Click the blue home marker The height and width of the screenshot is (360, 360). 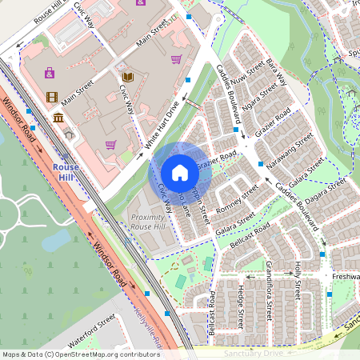pos(180,173)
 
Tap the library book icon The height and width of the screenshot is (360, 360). pos(128,78)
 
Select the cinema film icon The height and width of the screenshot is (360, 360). pos(52,98)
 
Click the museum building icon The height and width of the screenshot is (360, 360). pos(58,118)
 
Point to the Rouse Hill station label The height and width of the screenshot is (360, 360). pos(66,171)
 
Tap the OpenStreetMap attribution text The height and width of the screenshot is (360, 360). pos(81,354)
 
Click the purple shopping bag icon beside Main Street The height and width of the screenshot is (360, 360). pos(50,73)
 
